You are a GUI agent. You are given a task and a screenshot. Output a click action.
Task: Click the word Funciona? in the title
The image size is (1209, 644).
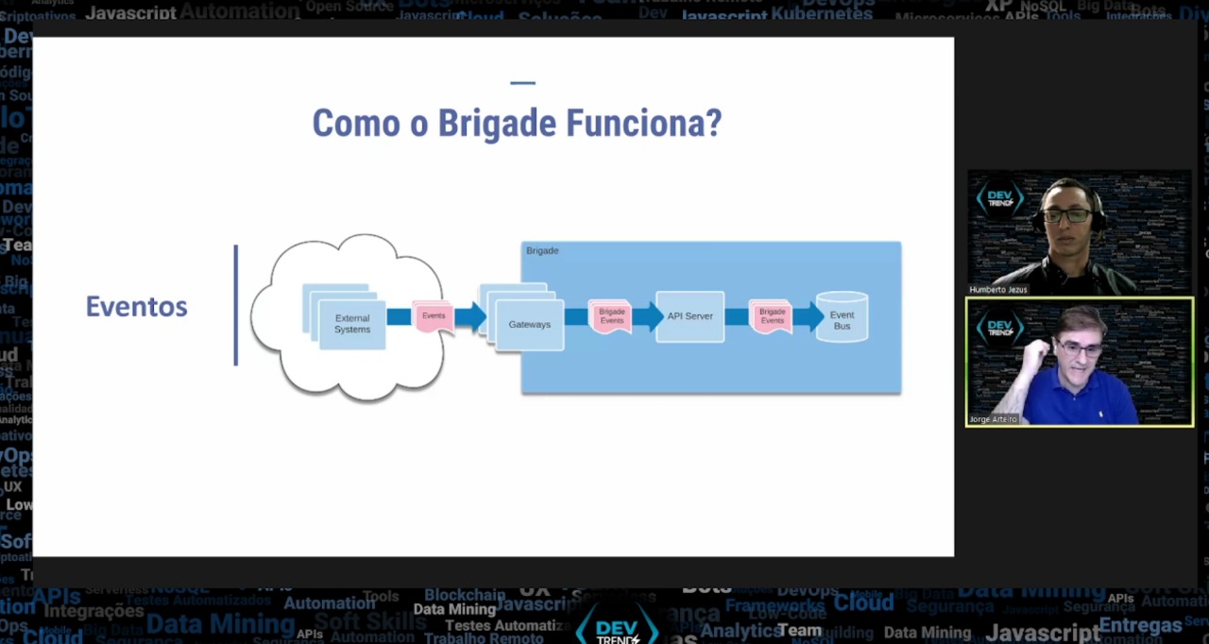click(643, 124)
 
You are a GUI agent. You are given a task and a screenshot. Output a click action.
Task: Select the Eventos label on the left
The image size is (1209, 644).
click(136, 306)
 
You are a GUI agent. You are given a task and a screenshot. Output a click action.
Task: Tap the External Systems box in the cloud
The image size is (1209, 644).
click(352, 324)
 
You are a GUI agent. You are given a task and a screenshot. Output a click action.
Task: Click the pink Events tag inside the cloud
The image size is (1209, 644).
click(434, 315)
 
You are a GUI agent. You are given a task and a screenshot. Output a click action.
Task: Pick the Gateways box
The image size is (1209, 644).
click(529, 324)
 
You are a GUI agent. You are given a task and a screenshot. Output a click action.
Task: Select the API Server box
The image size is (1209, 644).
click(690, 316)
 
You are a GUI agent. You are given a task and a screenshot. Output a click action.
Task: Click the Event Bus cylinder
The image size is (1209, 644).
click(842, 317)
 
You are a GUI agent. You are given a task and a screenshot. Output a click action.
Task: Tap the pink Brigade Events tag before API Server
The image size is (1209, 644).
click(611, 316)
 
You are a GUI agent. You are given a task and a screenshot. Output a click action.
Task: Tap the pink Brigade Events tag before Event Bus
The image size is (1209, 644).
click(772, 316)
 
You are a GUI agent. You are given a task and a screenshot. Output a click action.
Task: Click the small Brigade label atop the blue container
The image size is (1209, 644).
click(542, 250)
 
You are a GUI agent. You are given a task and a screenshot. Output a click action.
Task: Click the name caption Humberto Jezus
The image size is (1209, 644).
click(997, 290)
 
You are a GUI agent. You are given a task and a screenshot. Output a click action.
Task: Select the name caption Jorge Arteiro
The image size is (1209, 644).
click(993, 419)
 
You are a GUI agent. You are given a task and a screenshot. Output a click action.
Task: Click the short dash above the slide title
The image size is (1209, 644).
click(522, 83)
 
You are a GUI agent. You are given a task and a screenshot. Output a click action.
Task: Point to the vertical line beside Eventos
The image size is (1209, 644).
click(236, 304)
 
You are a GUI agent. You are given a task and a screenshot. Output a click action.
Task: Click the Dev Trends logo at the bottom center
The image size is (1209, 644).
click(616, 627)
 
